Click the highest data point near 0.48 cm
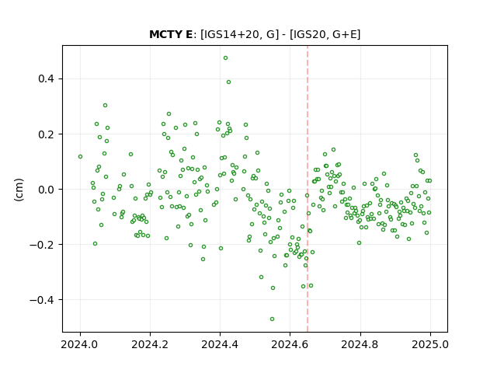(x=225, y=58)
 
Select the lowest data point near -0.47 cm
(x=272, y=319)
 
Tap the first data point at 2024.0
(x=80, y=157)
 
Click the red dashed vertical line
(x=308, y=189)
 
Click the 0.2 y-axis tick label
(x=46, y=134)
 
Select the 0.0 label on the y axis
(x=46, y=190)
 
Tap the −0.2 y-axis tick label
(x=42, y=245)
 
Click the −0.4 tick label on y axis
(x=42, y=300)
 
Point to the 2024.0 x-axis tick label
(x=80, y=344)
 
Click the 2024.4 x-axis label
(x=220, y=344)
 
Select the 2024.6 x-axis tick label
(x=290, y=344)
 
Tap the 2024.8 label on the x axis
(x=360, y=344)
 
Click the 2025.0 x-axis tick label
(x=430, y=344)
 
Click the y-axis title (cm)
(x=19, y=190)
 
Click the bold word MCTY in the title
(x=166, y=34)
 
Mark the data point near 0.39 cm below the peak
(x=228, y=82)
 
